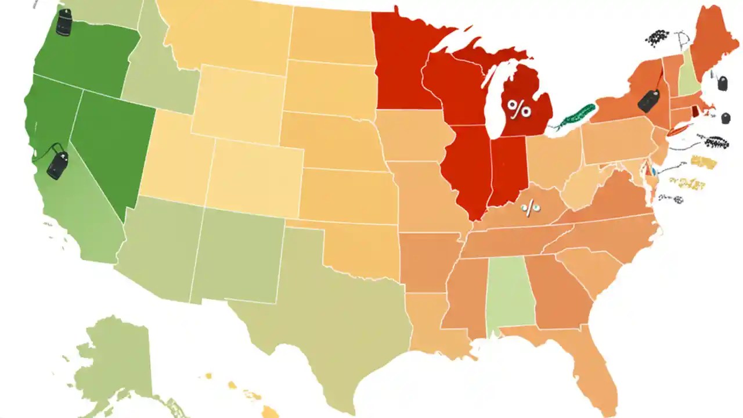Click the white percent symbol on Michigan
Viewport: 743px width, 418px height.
[518, 108]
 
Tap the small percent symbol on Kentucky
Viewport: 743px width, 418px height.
[529, 207]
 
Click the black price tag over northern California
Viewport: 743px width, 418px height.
[57, 165]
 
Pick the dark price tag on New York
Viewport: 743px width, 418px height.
[648, 101]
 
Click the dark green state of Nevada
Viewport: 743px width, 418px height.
[110, 145]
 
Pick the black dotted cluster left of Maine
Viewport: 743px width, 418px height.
[657, 38]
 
